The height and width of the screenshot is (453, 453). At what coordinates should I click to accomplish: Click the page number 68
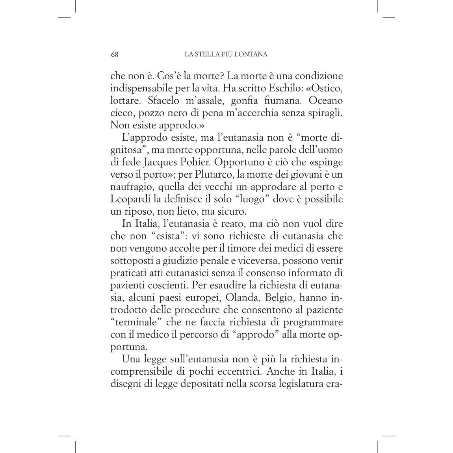coord(114,54)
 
